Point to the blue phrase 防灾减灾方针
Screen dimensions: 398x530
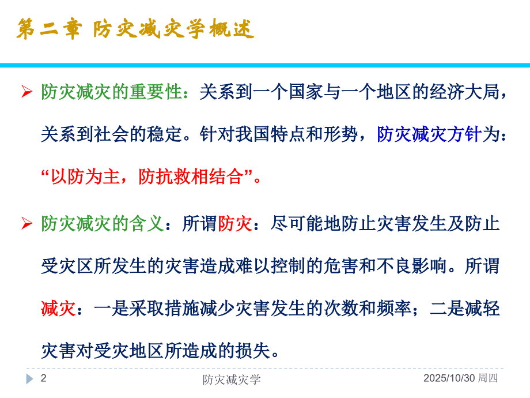(x=429, y=134)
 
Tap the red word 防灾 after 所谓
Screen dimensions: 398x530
(x=235, y=223)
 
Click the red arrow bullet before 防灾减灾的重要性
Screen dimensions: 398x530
(x=26, y=92)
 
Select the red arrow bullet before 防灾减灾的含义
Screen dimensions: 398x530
(x=26, y=224)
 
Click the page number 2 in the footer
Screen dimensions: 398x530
(x=43, y=379)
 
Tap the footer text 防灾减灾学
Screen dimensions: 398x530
(x=232, y=379)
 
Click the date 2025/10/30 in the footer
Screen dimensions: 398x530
(x=449, y=379)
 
